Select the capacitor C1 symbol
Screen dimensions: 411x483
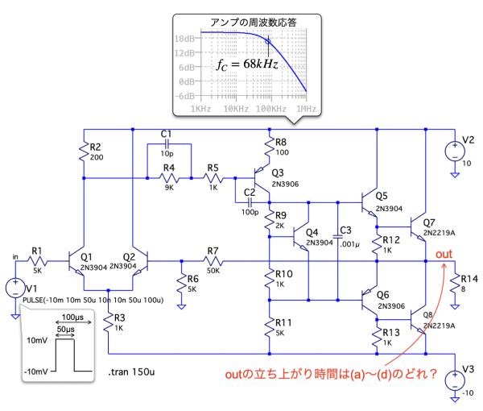coord(167,145)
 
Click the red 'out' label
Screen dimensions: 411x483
coord(444,255)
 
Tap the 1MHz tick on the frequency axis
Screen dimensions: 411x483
coord(304,108)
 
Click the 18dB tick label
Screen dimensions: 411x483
coord(186,38)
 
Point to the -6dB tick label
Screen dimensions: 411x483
coord(185,95)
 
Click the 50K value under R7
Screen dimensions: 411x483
coord(213,271)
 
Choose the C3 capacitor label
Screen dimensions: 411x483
coord(347,230)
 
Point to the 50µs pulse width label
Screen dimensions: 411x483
coord(67,330)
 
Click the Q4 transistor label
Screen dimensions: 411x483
coord(312,231)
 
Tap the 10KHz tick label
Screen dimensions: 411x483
coord(234,108)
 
